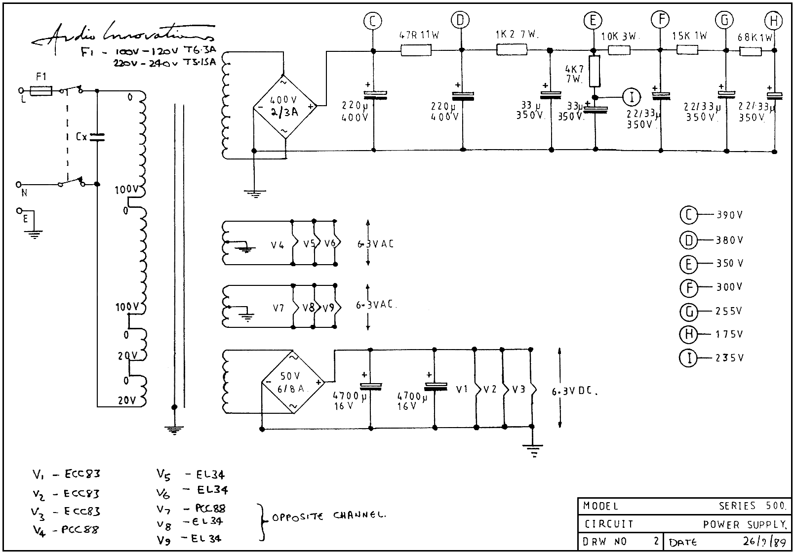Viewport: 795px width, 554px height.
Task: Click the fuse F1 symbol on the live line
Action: click(40, 91)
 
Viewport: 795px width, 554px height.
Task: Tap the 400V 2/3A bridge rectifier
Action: click(284, 106)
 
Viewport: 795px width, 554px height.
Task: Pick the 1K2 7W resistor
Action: click(511, 49)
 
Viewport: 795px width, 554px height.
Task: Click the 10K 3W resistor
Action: click(619, 49)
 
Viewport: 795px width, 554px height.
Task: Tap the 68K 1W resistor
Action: click(751, 50)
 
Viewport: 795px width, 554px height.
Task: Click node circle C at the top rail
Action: click(373, 21)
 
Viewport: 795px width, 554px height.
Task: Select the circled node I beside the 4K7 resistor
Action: click(632, 97)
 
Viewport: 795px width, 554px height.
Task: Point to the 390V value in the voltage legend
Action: click(729, 215)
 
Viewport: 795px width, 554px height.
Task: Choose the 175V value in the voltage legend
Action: click(729, 334)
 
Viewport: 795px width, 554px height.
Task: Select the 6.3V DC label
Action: click(574, 392)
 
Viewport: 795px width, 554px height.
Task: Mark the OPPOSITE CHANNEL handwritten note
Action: click(328, 516)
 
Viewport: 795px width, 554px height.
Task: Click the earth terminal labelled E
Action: click(21, 211)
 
